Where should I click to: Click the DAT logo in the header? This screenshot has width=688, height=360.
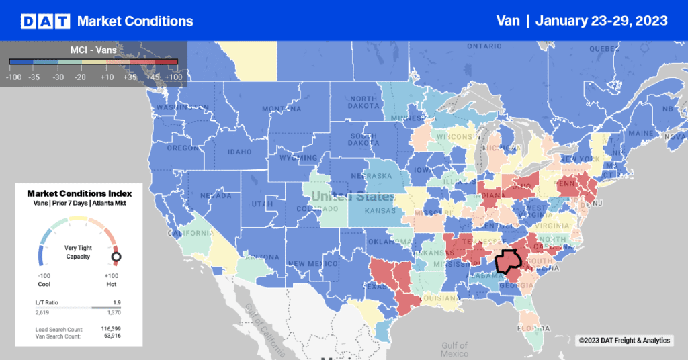click(x=45, y=21)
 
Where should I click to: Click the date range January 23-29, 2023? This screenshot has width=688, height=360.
click(x=603, y=21)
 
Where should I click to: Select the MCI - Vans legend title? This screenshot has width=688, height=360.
click(x=93, y=49)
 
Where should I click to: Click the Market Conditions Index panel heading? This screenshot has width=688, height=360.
click(x=79, y=193)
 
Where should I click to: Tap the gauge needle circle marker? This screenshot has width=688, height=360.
click(x=116, y=256)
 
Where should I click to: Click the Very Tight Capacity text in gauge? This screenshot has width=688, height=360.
click(x=79, y=251)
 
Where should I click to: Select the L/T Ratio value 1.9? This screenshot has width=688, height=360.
click(x=116, y=303)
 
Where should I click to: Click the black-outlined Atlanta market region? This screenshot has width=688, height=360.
click(x=508, y=261)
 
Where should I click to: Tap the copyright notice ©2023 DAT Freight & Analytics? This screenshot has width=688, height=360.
click(x=624, y=341)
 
